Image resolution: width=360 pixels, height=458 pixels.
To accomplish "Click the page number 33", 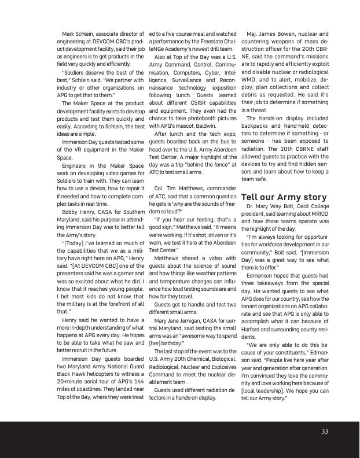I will [325, 431].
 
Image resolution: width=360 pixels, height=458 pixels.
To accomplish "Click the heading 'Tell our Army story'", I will [284, 198].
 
